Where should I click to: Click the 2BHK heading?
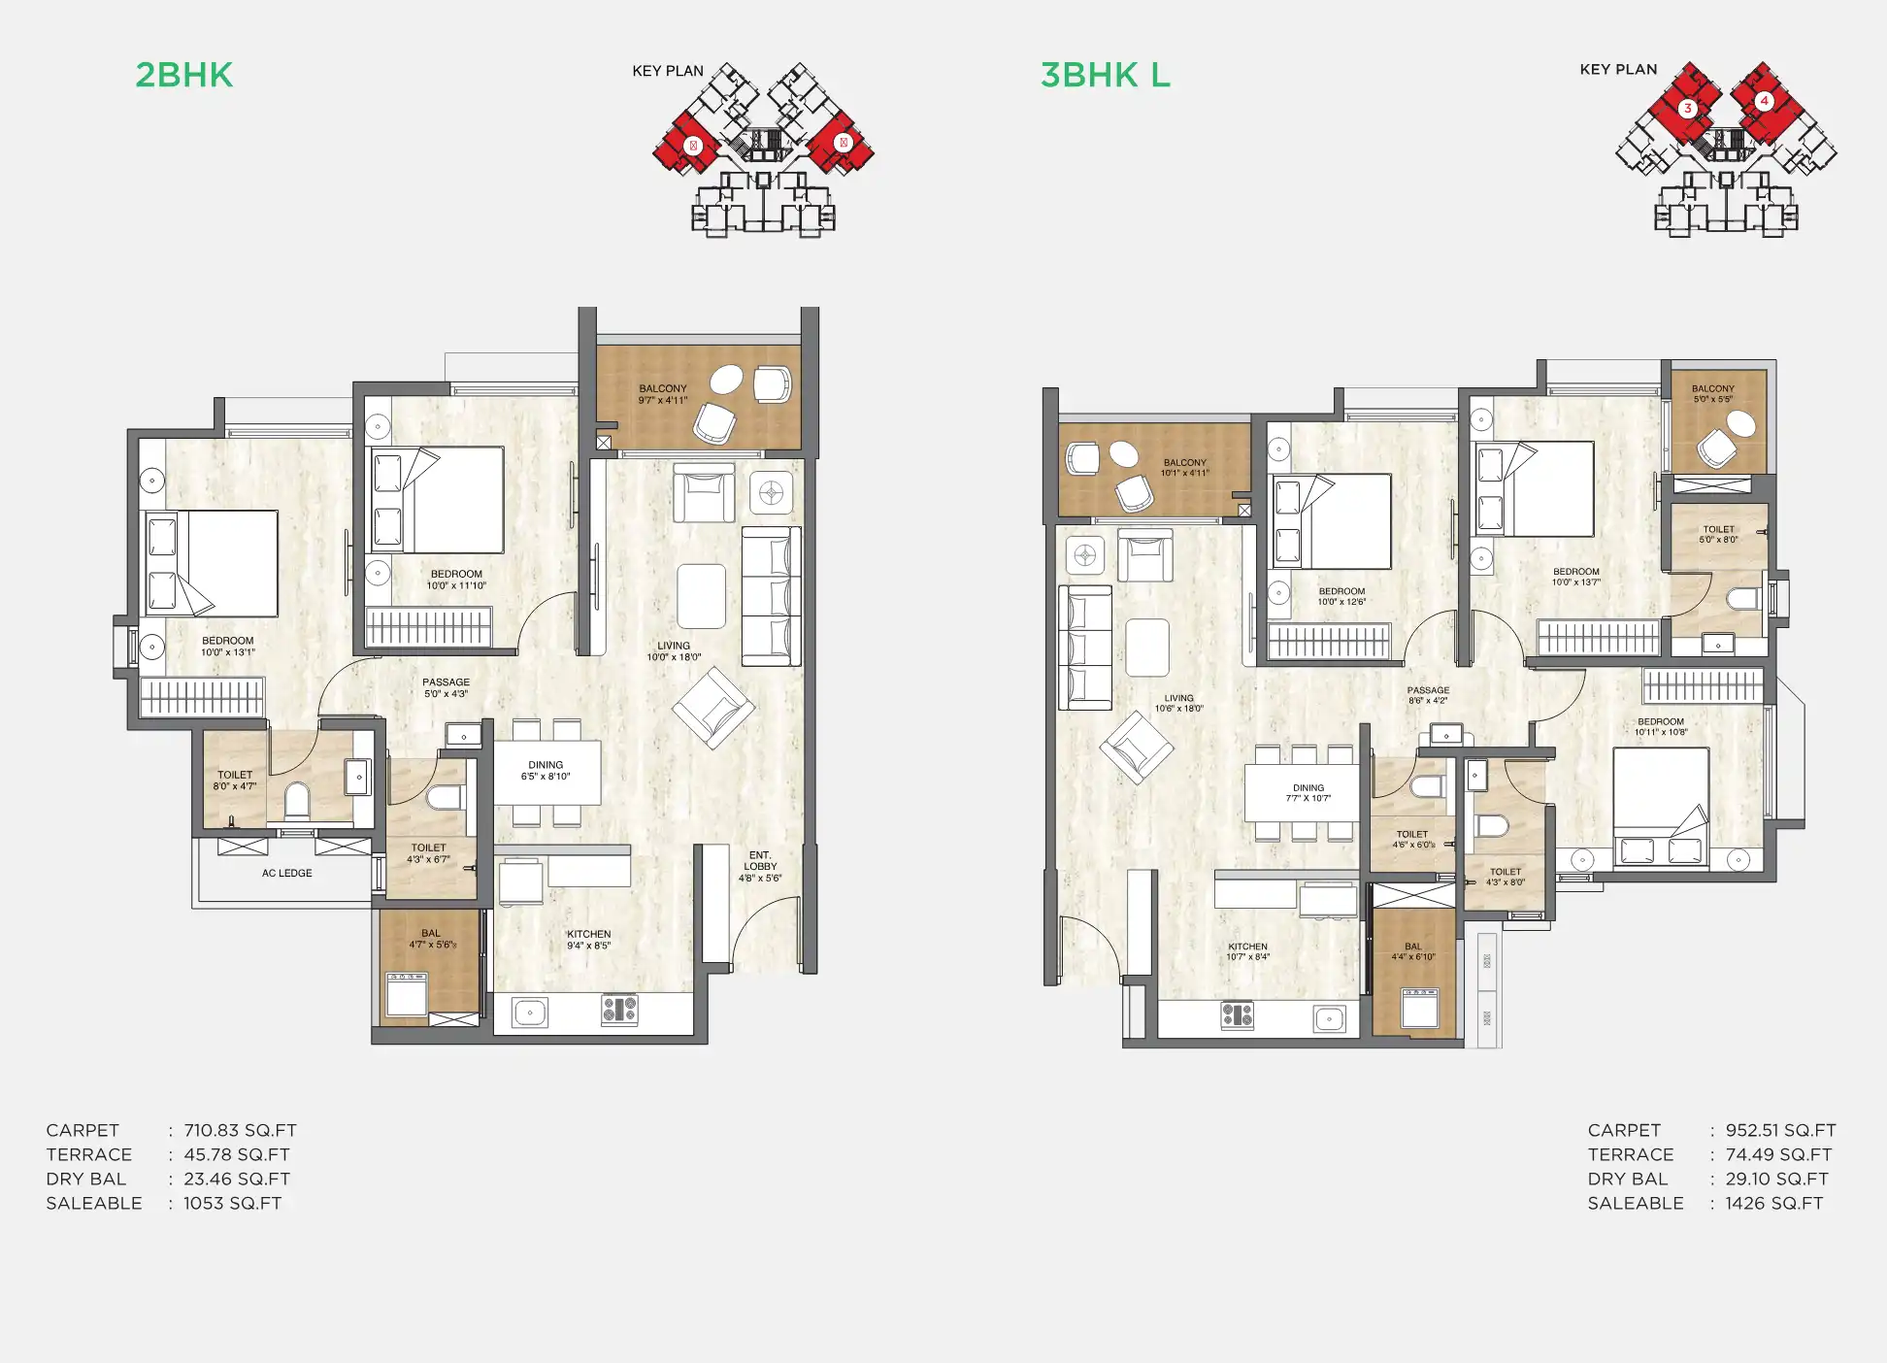tap(183, 76)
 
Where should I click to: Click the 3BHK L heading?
tap(1105, 76)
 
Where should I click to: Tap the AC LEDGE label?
tap(286, 873)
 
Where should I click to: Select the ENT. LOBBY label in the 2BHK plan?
tap(760, 866)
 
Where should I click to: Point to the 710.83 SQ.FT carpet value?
tap(240, 1130)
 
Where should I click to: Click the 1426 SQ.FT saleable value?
tap(1773, 1203)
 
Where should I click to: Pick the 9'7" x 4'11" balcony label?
tap(663, 394)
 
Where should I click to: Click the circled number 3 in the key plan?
tap(1687, 109)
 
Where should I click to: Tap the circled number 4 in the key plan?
tap(1764, 101)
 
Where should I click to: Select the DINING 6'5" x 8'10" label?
tap(546, 771)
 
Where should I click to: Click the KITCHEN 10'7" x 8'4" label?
tap(1247, 951)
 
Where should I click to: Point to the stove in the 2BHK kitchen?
tap(619, 1010)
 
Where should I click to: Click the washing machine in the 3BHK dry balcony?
tap(1419, 1008)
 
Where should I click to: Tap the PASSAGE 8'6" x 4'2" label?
tap(1428, 695)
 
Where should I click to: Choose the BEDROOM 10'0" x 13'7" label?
tap(1575, 577)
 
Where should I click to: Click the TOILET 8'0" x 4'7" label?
tap(235, 781)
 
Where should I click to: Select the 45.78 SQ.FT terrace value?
tap(236, 1154)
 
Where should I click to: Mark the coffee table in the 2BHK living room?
tap(701, 595)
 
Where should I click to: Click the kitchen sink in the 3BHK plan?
tap(1329, 1018)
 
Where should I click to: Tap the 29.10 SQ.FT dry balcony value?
tap(1776, 1179)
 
